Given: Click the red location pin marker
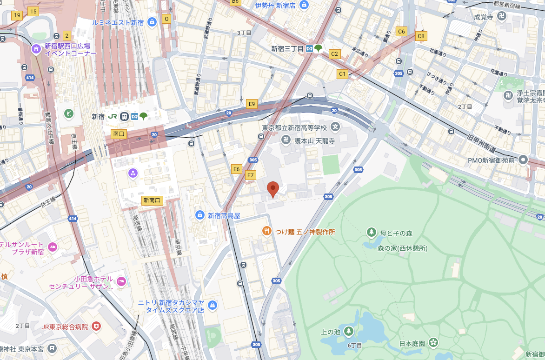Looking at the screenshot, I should pos(273,188).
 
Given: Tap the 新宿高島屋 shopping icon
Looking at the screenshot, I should pos(199,215).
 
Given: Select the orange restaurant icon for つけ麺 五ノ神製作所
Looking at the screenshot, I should pos(266,231).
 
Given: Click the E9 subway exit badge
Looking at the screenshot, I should pos(252,104).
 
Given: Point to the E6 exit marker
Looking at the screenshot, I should pos(237,169).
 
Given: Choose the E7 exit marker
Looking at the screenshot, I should pos(251,175).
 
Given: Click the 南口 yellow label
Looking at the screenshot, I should pos(119,133).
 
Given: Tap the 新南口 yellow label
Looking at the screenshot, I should pos(152,200).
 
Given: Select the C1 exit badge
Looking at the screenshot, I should pos(342,73).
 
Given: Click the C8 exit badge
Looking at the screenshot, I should pos(421,36).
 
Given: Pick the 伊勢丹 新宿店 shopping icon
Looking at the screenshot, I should pos(304,5).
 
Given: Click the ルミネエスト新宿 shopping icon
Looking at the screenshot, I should pos(152,22).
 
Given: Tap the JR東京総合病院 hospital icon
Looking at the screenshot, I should pos(96,327).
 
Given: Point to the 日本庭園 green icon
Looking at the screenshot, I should pos(433,343).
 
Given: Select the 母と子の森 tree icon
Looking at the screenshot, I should pos(371,232).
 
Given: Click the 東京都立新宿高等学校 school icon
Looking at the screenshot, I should pos(335,127).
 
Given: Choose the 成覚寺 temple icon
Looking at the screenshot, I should pos(501,17).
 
